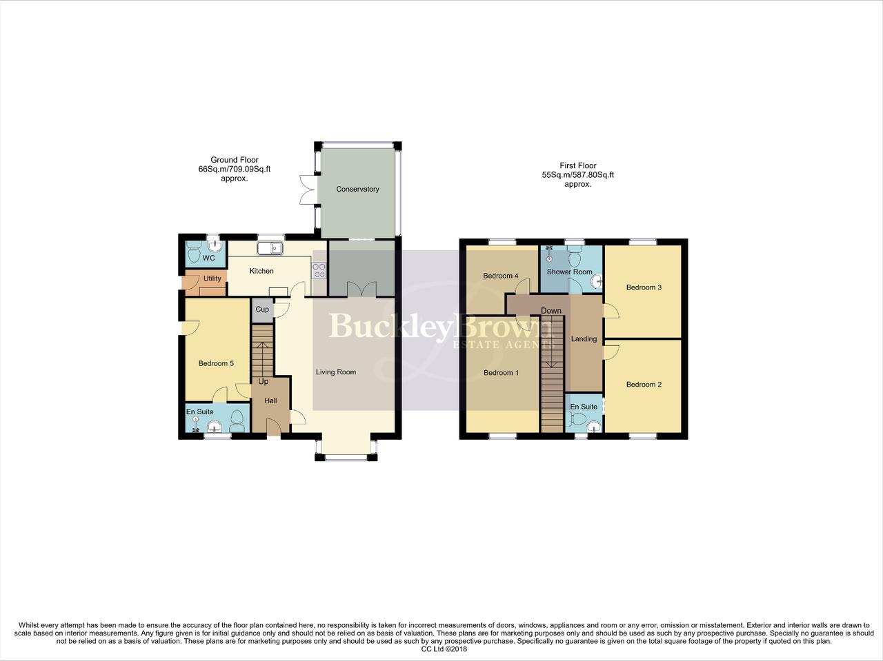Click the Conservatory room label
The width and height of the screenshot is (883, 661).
(x=357, y=189)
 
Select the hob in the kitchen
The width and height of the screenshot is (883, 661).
(x=319, y=271)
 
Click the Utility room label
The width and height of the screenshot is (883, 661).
(x=212, y=279)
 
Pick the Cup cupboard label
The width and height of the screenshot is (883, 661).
(x=262, y=309)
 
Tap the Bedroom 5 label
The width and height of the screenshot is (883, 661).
(x=216, y=364)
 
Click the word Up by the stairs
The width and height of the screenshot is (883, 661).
(x=264, y=382)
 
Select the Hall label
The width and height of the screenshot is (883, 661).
(x=270, y=400)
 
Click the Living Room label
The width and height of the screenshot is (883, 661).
(x=336, y=372)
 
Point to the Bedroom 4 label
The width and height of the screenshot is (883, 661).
(x=501, y=276)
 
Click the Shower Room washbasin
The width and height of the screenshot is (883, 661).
(x=595, y=281)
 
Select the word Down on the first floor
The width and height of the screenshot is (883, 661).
(x=551, y=311)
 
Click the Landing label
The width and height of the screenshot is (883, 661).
(x=584, y=339)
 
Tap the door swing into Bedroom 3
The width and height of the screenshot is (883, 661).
(x=610, y=312)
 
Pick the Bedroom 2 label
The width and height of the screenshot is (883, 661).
(x=644, y=385)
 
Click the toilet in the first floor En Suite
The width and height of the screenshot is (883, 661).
(x=577, y=420)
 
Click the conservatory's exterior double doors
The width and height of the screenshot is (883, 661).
(x=307, y=188)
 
